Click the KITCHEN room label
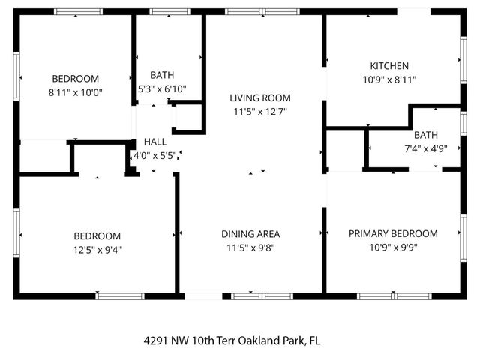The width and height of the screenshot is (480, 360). (388, 65)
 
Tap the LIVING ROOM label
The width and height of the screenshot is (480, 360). (259, 97)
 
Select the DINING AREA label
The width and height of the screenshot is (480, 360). (250, 233)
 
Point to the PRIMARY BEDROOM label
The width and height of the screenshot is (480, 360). (393, 233)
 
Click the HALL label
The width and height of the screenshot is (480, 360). (155, 141)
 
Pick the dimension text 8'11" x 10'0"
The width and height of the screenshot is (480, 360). (76, 93)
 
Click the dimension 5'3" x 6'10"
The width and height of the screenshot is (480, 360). (162, 88)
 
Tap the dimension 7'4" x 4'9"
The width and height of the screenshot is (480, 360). (425, 148)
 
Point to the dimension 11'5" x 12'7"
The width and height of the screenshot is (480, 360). (259, 112)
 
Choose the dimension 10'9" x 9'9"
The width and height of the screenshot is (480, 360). (393, 247)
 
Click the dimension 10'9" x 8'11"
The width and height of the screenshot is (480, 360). (388, 79)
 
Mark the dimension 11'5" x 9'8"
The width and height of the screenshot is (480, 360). (250, 247)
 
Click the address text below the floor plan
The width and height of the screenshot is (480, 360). (232, 340)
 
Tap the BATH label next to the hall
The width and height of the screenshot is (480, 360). (162, 75)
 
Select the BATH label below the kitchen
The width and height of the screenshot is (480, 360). (425, 135)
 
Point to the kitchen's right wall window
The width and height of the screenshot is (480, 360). (463, 58)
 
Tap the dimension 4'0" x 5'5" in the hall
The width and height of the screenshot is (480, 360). (154, 156)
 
